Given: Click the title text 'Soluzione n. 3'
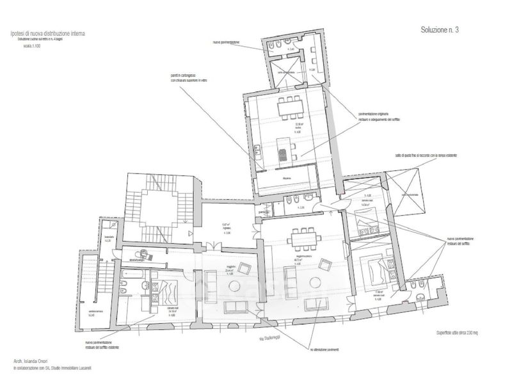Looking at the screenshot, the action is coord(440,30).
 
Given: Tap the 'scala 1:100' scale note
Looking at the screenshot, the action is coord(31,46).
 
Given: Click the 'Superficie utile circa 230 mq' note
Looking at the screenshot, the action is coord(454,334).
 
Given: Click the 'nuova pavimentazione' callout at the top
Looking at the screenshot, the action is coord(227,43).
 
